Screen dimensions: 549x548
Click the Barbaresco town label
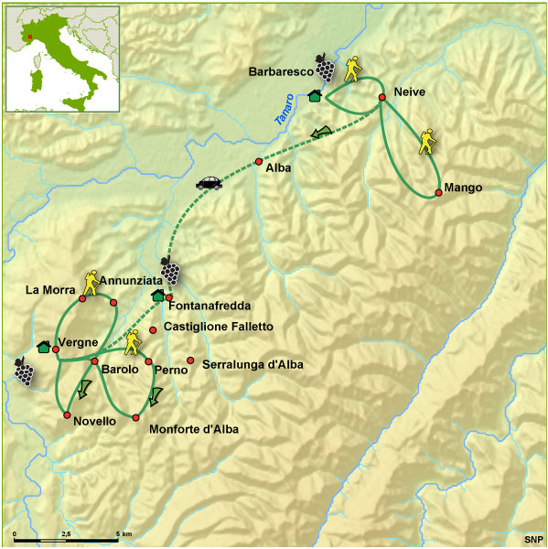coord(280,70)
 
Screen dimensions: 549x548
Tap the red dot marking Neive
coord(382,96)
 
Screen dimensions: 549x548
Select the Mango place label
coord(462,188)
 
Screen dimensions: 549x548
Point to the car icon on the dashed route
coord(210,182)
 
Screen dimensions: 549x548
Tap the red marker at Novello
coord(68,415)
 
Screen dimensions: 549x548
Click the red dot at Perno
coord(148,361)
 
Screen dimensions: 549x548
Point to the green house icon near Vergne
coord(43,347)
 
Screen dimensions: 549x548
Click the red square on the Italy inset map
coord(30,38)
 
